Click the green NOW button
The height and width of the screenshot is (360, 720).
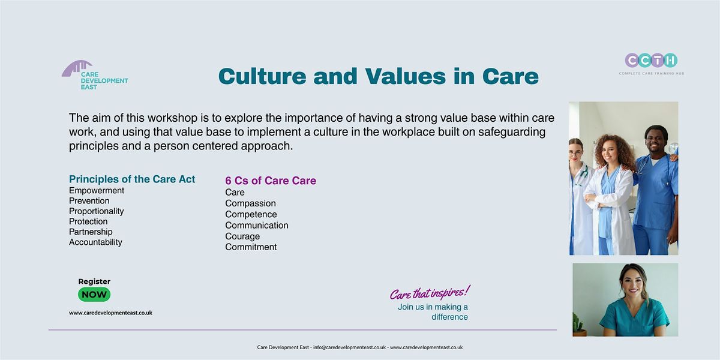[x=94, y=295]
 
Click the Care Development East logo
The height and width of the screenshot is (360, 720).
[x=94, y=76]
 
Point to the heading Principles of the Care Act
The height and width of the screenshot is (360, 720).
[x=132, y=179]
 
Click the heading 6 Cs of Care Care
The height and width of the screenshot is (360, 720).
[x=271, y=181]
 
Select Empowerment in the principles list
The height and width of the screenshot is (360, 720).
[x=97, y=191]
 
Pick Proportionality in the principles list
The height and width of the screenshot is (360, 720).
[x=97, y=211]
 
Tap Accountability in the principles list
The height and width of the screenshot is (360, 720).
[x=95, y=242]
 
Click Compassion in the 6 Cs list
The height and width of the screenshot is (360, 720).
[x=250, y=203]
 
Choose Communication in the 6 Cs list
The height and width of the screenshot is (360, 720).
[x=257, y=226]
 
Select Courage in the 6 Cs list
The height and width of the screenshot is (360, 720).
[x=242, y=236]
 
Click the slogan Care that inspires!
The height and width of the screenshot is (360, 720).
[x=430, y=293]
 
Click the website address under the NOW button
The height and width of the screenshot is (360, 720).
[x=110, y=313]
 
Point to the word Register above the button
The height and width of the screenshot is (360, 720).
[x=94, y=281]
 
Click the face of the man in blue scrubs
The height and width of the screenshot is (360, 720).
[x=656, y=139]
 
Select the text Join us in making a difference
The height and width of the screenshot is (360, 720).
[x=433, y=312]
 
